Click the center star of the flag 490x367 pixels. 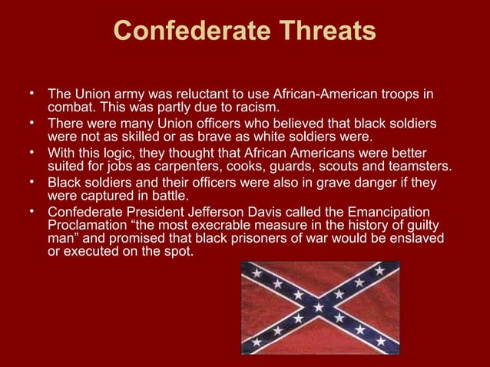pyautogui.click(x=319, y=306)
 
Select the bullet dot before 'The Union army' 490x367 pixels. pyautogui.click(x=33, y=94)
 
